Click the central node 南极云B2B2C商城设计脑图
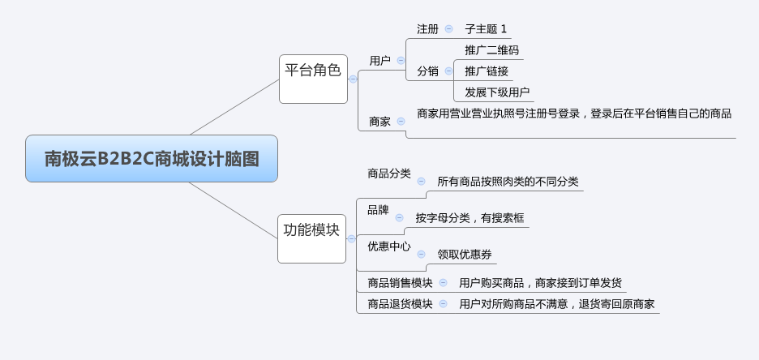pyautogui.click(x=152, y=158)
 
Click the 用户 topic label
pyautogui.click(x=379, y=60)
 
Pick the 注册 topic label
pyautogui.click(x=427, y=28)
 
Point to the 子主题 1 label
pyautogui.click(x=486, y=28)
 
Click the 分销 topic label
pyautogui.click(x=427, y=71)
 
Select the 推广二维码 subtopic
pyautogui.click(x=491, y=50)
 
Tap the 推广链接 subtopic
pyautogui.click(x=486, y=71)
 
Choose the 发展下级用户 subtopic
pyautogui.click(x=496, y=92)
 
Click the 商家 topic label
pyautogui.click(x=379, y=122)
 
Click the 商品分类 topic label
pyautogui.click(x=388, y=173)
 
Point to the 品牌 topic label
pyautogui.click(x=378, y=210)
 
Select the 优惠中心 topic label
pyautogui.click(x=388, y=246)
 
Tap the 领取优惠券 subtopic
pyautogui.click(x=465, y=254)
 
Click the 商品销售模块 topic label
pyautogui.click(x=400, y=282)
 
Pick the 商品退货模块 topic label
pyautogui.click(x=400, y=304)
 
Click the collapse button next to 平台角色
pyautogui.click(x=353, y=79)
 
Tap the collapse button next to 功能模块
pyautogui.click(x=351, y=238)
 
